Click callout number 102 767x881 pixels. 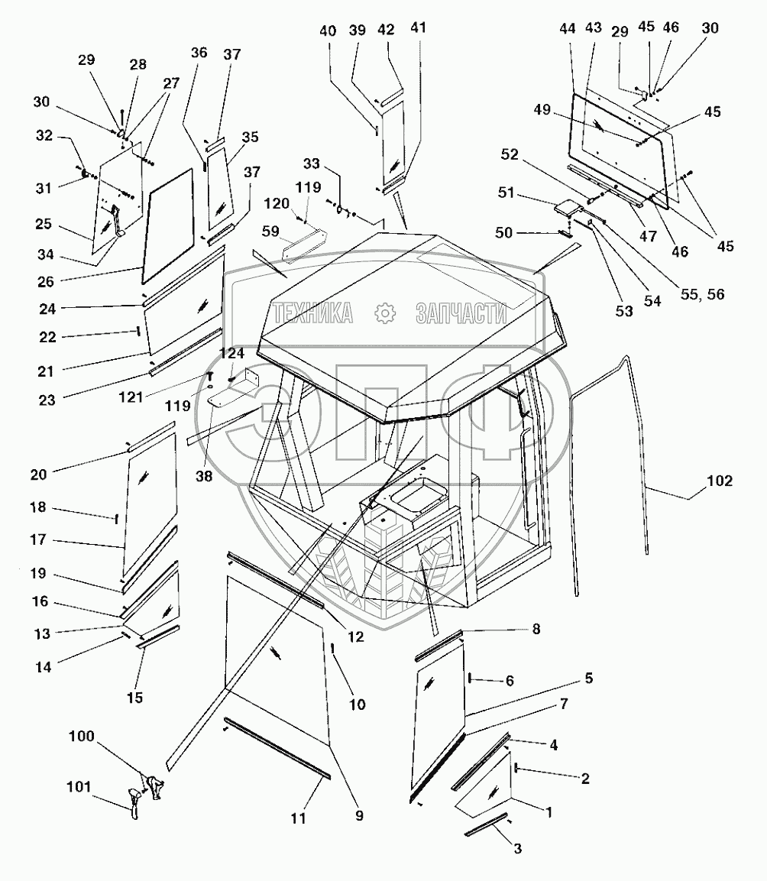pos(720,481)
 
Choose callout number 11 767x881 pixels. pos(299,818)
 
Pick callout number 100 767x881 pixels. pos(81,737)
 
